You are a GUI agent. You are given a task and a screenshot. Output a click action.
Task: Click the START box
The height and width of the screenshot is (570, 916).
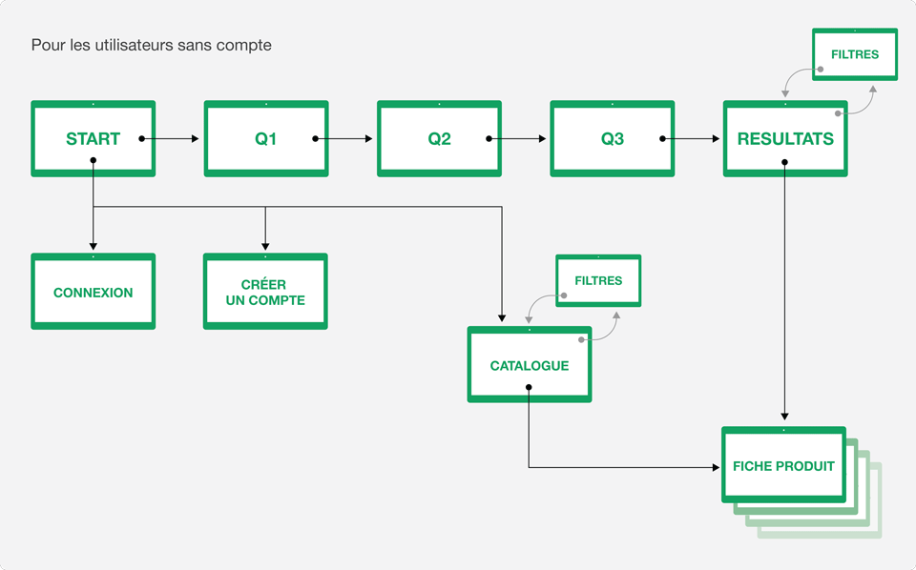pos(93,138)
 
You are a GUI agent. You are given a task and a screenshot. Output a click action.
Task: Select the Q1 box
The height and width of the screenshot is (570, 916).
pos(266,138)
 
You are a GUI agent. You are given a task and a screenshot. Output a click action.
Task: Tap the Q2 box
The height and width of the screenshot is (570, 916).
pos(439,138)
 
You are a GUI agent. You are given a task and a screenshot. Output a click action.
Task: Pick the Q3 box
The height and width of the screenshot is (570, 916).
pos(613,138)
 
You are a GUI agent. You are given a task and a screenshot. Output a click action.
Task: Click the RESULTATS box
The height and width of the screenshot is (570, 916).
pos(785,138)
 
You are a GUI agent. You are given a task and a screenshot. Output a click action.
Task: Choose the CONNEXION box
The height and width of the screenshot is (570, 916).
pos(93,291)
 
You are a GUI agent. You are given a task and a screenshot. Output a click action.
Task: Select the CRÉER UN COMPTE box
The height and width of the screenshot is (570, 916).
pos(265,291)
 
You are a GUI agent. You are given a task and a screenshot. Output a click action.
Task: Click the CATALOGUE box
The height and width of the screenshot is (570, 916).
pos(530,365)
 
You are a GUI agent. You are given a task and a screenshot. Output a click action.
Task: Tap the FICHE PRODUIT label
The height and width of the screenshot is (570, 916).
pos(783,466)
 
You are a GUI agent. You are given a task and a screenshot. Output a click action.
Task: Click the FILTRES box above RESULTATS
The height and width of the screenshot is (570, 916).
pos(855,54)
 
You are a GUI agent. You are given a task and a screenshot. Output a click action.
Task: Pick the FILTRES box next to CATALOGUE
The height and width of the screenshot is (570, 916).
pos(598,280)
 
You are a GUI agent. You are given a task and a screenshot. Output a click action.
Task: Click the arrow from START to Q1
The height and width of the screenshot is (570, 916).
pos(170,139)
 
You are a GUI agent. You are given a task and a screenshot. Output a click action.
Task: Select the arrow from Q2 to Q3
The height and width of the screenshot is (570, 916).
pos(516,139)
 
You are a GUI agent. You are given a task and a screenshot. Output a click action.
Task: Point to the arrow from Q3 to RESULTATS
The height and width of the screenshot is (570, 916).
pos(690,139)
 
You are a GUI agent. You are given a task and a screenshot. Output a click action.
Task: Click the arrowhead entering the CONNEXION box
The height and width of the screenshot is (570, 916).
pos(93,247)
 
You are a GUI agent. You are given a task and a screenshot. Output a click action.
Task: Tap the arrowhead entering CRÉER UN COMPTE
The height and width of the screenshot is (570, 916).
pos(265,247)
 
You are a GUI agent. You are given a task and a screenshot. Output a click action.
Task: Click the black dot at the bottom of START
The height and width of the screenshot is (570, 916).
pos(93,160)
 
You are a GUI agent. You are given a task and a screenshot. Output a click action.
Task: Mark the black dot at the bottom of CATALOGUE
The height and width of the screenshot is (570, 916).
pos(529,387)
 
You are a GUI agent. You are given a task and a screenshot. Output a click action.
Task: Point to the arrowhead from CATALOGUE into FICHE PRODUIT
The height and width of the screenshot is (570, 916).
pos(716,467)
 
